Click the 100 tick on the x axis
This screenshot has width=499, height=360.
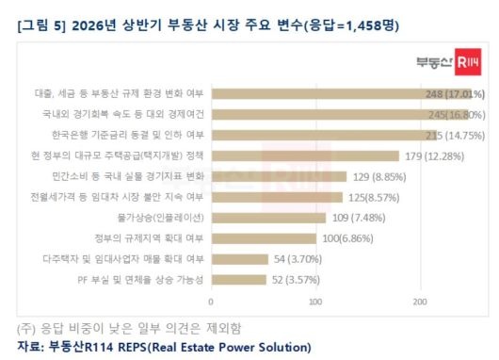pos(315,302)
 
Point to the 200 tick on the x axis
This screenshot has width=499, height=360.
pos(419,302)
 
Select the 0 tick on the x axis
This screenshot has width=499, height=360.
pos(211,302)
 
